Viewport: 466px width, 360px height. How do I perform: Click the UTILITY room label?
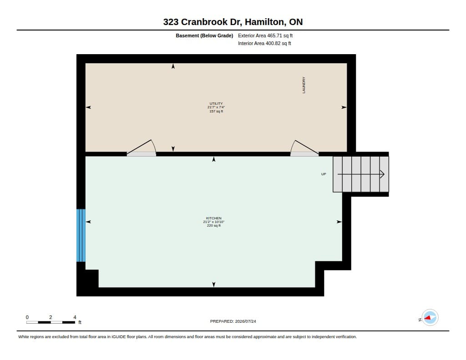pos(216,103)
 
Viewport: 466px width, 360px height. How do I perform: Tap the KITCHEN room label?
pos(214,218)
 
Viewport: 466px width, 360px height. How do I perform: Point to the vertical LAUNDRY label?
pos(304,85)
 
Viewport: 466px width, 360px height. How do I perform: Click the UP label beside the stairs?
pos(324,174)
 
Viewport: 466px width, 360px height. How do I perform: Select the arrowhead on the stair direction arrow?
pos(382,174)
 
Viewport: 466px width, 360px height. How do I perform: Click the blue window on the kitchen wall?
pos(81,235)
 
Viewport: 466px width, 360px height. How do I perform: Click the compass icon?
pos(430,318)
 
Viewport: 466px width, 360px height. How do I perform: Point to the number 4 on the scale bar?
pos(75,317)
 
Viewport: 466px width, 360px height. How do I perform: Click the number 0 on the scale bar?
pos(27,317)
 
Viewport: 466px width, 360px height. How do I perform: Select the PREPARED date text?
pos(233,321)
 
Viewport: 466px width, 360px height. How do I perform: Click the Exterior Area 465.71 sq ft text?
pos(265,35)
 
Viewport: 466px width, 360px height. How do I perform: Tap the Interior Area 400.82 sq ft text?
pos(264,43)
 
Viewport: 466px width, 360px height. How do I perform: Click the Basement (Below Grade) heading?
pos(204,35)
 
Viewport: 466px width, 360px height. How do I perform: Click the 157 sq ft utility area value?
pos(216,111)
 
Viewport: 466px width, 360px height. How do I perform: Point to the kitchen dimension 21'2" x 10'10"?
pos(214,222)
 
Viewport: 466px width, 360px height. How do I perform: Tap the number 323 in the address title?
pos(171,22)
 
